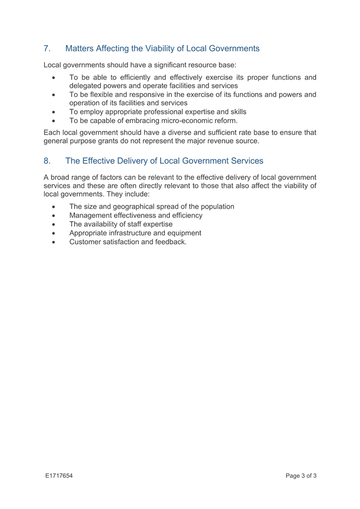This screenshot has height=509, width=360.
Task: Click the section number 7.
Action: point(47,49)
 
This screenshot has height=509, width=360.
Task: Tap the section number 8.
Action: point(47,161)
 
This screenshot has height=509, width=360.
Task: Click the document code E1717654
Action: point(58,476)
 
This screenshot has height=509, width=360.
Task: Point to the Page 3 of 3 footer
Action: point(301,476)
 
